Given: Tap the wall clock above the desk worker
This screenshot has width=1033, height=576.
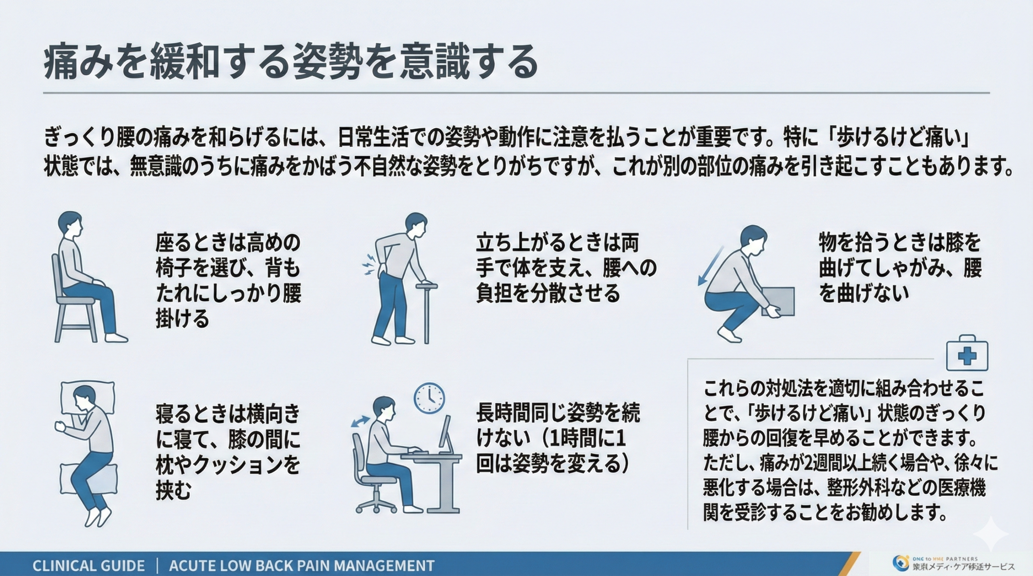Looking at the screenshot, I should pos(429,398).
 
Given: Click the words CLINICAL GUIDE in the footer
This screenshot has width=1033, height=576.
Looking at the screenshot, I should pos(88,566).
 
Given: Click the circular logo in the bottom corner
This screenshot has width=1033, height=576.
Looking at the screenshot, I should pos(900,564).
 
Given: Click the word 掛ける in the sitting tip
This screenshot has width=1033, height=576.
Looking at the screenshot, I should pos(182,318).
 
